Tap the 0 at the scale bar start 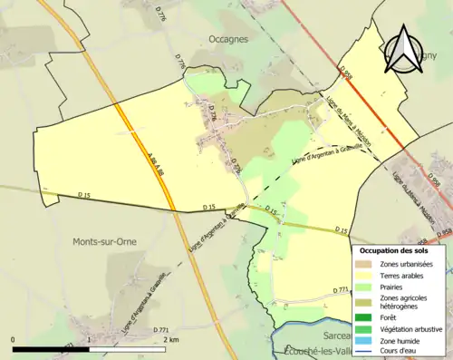click(14, 339)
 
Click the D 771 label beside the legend click(341, 290)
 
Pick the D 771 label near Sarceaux click(162, 329)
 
